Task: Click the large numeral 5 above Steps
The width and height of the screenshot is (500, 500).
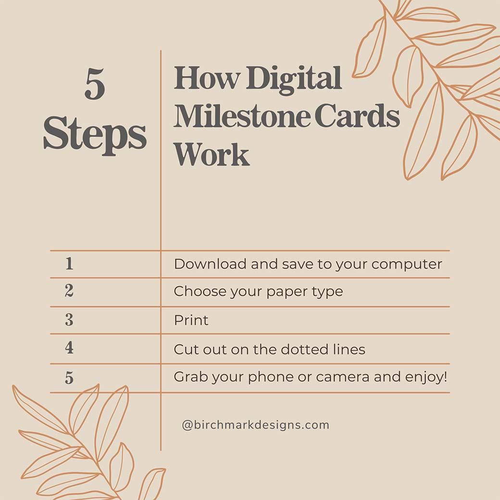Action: [x=95, y=85]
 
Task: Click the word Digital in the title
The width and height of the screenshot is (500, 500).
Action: [x=294, y=78]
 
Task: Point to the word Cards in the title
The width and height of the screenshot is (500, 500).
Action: [x=357, y=116]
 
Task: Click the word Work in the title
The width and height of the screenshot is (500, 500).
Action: [x=212, y=154]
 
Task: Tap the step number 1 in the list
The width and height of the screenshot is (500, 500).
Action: [x=69, y=263]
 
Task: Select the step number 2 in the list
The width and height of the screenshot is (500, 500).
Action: [x=69, y=291]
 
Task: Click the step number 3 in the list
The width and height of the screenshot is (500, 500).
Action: [x=69, y=320]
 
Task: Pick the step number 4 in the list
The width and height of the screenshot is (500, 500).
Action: [x=69, y=348]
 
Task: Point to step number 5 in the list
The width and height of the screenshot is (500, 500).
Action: [x=69, y=378]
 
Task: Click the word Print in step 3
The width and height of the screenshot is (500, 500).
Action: [x=191, y=320]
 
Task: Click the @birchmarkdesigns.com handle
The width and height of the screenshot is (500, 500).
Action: [x=255, y=425]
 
